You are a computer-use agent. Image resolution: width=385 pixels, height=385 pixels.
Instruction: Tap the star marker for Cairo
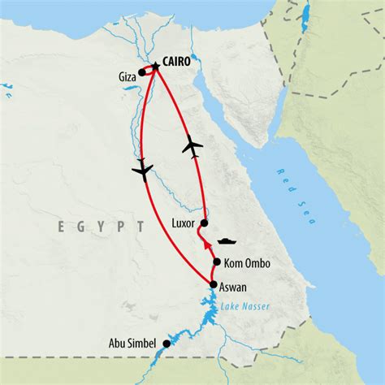pos(154,65)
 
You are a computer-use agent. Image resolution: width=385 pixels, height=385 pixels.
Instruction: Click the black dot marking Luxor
pos(204,223)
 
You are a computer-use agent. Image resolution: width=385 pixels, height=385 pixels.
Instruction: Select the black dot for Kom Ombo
pos(217,262)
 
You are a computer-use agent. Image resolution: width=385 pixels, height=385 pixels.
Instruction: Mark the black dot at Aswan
pos(214,284)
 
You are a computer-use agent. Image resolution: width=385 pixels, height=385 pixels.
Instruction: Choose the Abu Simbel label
pos(136,344)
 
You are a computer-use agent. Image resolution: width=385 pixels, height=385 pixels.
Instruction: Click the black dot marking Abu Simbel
pos(167,344)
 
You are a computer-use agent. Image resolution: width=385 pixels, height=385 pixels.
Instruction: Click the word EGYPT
pos(101,227)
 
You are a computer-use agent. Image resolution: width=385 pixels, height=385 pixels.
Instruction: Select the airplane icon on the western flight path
pos(142,170)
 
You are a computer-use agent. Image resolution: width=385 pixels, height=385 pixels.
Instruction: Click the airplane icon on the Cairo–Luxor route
pos(192,146)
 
